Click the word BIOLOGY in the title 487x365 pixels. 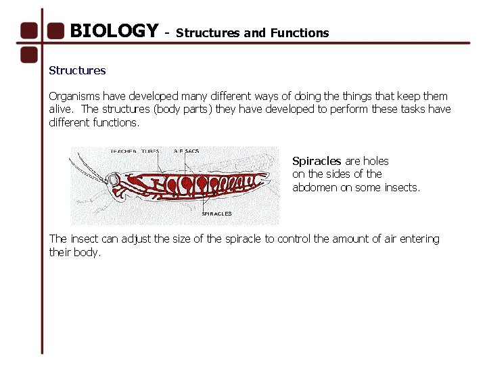[x=114, y=31]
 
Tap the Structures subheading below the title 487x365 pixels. [x=77, y=70]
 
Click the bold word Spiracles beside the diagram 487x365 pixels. [x=317, y=161]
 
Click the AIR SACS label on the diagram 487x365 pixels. [x=187, y=151]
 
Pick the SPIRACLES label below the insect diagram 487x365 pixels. [x=216, y=214]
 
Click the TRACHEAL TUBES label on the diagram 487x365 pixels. [x=135, y=151]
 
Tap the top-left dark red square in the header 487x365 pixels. [x=28, y=31]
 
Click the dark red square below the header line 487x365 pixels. [x=28, y=54]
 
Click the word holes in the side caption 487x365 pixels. [x=376, y=161]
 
